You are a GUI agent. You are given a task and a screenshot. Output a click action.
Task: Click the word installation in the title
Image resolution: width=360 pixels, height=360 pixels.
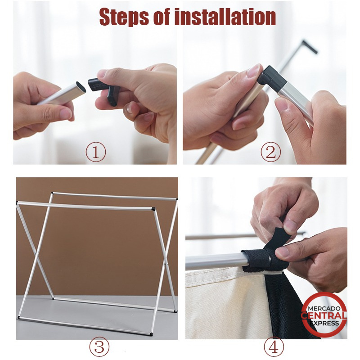pos(225,17)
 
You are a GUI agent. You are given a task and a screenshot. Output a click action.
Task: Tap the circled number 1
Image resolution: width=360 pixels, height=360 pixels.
pos(96,152)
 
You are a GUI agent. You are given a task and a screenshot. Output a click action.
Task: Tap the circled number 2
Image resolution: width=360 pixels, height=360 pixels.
pos(271,152)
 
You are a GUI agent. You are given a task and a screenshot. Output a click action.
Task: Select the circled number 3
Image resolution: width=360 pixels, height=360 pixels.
pos(99,346)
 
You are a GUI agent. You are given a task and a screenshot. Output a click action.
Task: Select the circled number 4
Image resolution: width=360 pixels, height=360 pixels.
pos(274,346)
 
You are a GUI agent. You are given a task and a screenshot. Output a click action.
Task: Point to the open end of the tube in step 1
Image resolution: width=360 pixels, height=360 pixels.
pos(81,87)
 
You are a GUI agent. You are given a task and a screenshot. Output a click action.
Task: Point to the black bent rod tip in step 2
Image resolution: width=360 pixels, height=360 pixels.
pos(310,47)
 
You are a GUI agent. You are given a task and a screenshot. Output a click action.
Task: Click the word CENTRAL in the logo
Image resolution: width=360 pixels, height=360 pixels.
pos(324,316)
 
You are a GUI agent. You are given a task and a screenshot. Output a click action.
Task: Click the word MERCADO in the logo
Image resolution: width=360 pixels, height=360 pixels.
pos(324,308)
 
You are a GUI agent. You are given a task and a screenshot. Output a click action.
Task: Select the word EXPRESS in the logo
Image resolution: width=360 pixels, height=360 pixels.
pos(324,323)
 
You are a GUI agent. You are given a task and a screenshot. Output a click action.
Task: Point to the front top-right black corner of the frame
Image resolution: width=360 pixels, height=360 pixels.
pos(153,209)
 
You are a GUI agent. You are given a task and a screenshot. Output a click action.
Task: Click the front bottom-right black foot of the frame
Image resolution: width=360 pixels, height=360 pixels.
pos(151,334)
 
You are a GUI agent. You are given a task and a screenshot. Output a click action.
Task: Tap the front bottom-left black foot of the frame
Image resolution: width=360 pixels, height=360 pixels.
pos(18,318)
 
